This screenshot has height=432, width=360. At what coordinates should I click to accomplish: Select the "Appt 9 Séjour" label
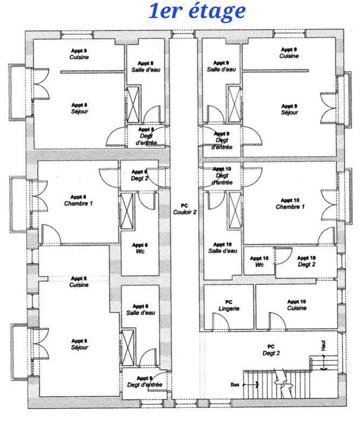[x=289, y=109]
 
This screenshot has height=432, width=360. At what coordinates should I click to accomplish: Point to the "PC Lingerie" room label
[x=228, y=306]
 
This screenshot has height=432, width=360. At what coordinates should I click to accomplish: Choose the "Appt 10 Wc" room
[x=259, y=262]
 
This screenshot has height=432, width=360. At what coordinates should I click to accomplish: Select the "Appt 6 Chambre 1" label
[x=79, y=200]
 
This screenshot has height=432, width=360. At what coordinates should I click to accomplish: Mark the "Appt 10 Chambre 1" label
[x=290, y=204]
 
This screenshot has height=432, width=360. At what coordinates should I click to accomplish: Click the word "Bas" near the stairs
[x=235, y=385]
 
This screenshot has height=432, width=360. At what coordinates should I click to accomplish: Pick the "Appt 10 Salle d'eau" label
[x=222, y=248]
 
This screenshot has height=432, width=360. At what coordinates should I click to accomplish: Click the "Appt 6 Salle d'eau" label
[x=140, y=309]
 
